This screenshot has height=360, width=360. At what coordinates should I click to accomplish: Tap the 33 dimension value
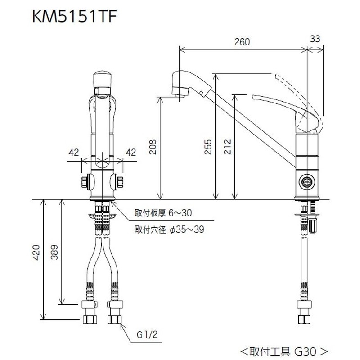pyautogui.click(x=315, y=39)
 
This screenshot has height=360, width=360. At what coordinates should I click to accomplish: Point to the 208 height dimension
pyautogui.click(x=153, y=147)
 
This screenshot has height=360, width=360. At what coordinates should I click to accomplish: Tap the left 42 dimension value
pyautogui.click(x=73, y=153)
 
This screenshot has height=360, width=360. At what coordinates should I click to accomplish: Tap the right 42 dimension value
pyautogui.click(x=130, y=153)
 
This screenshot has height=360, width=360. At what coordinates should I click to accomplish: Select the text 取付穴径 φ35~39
pyautogui.click(x=170, y=229)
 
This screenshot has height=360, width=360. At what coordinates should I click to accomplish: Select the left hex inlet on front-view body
pyautogui.click(x=85, y=181)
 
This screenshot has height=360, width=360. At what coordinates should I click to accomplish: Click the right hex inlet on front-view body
pyautogui.click(x=120, y=181)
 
